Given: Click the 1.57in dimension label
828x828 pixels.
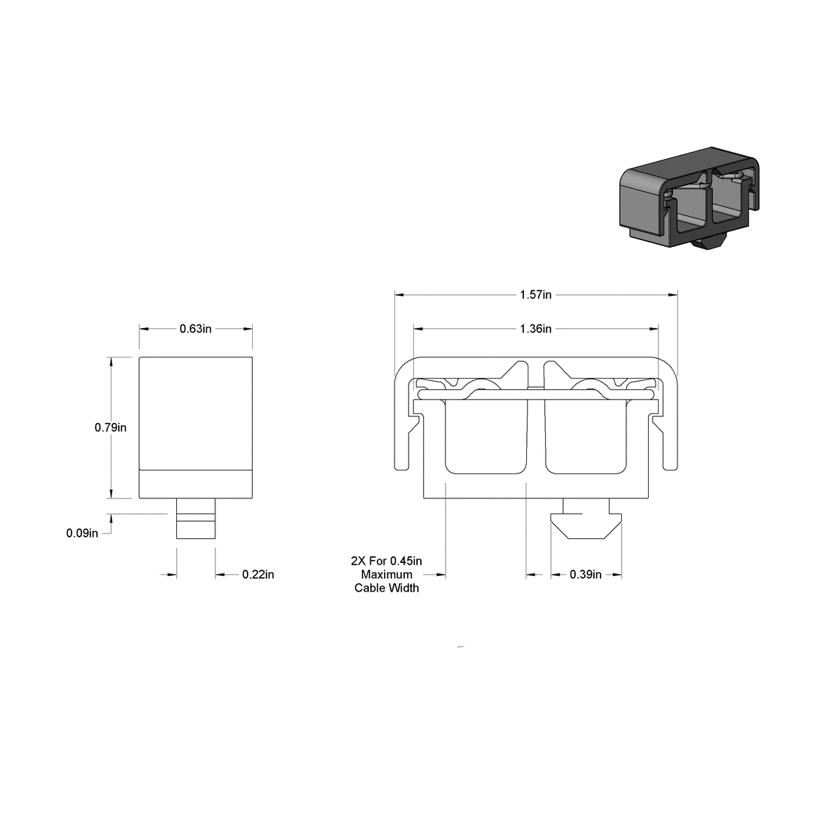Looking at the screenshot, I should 535,294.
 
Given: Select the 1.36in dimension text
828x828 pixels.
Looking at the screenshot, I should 535,329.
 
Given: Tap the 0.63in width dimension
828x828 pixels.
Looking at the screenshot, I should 195,328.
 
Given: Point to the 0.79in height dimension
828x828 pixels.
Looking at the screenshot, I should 110,428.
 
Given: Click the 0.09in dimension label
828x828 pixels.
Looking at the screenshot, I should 82,534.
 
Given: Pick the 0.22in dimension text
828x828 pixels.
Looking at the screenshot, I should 257,575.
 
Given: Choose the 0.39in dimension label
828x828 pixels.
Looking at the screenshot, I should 586,575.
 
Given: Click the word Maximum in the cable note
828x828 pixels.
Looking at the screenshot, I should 387,574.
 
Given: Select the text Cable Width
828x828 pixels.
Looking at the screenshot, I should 387,588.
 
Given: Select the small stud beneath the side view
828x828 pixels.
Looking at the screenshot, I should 196,519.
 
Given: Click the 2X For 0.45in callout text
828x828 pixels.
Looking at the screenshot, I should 387,562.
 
